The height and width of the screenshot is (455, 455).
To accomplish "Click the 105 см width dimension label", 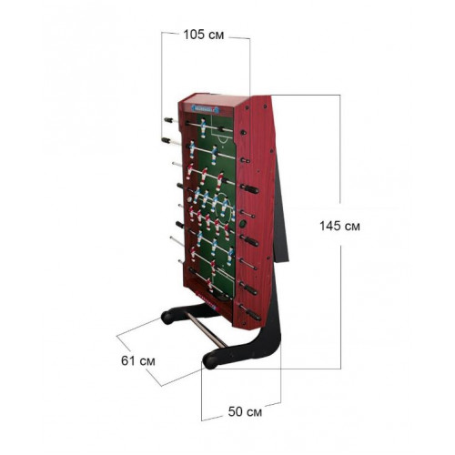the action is pyautogui.click(x=204, y=35).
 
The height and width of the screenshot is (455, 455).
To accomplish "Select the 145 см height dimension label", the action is pyautogui.click(x=339, y=226).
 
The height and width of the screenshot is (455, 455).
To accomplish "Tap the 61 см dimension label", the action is pyautogui.click(x=138, y=361).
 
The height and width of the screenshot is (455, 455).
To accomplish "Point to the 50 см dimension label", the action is pyautogui.click(x=245, y=411).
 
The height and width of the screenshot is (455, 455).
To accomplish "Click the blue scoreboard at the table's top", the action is pyautogui.click(x=206, y=108).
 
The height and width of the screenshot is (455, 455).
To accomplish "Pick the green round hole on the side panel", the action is pyautogui.click(x=243, y=224).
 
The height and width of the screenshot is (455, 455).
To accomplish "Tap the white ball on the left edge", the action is pyautogui.click(x=189, y=200).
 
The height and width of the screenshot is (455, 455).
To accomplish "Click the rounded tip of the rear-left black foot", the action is pyautogui.click(x=167, y=318).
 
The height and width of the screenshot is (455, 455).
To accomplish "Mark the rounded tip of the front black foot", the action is pyautogui.click(x=210, y=361).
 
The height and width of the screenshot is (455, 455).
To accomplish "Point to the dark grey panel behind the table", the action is pyautogui.click(x=281, y=209).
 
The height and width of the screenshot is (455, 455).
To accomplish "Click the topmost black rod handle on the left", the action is pyautogui.click(x=168, y=120).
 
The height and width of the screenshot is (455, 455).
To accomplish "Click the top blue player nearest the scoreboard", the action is pyautogui.click(x=203, y=127).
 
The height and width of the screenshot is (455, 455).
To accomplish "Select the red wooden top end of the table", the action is pyautogui.click(x=208, y=99).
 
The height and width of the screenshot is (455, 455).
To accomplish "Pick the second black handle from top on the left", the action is pyautogui.click(x=167, y=140).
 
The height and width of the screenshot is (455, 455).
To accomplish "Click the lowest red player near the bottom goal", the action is pyautogui.click(x=210, y=285).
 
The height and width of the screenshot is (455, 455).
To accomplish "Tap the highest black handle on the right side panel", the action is pyautogui.click(x=243, y=133).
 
